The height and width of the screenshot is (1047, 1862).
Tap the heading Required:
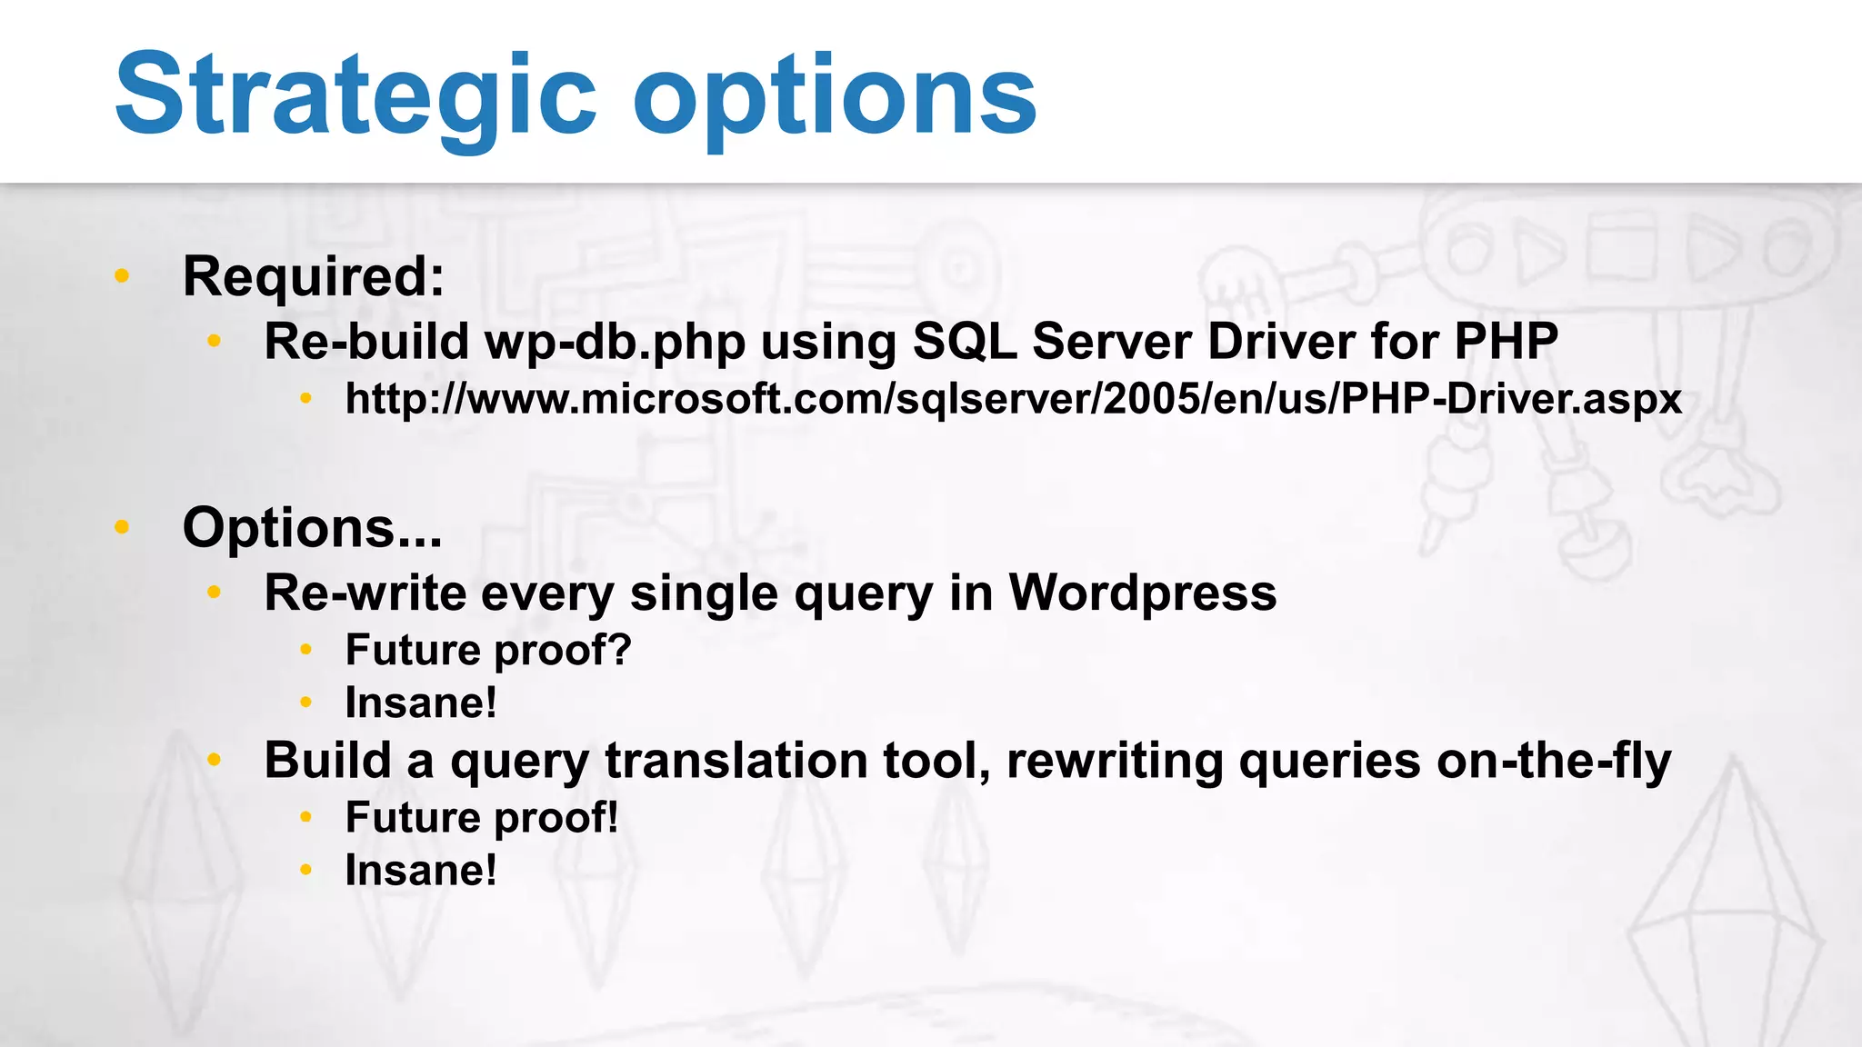click(314, 276)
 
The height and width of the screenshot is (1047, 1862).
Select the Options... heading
click(312, 528)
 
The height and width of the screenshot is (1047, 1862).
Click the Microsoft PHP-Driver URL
click(1013, 399)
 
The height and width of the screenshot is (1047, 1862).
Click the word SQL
click(964, 342)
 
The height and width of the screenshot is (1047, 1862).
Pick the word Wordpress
click(1142, 593)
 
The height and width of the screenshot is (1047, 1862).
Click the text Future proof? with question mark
click(488, 651)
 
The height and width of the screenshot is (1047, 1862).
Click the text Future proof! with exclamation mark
click(482, 818)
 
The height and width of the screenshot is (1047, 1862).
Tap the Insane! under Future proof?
click(421, 703)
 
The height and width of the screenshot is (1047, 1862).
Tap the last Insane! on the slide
click(421, 871)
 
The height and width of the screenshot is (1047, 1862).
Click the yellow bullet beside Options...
click(122, 526)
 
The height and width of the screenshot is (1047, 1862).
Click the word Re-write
click(365, 593)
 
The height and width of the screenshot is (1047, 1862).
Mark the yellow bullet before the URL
click(306, 398)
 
